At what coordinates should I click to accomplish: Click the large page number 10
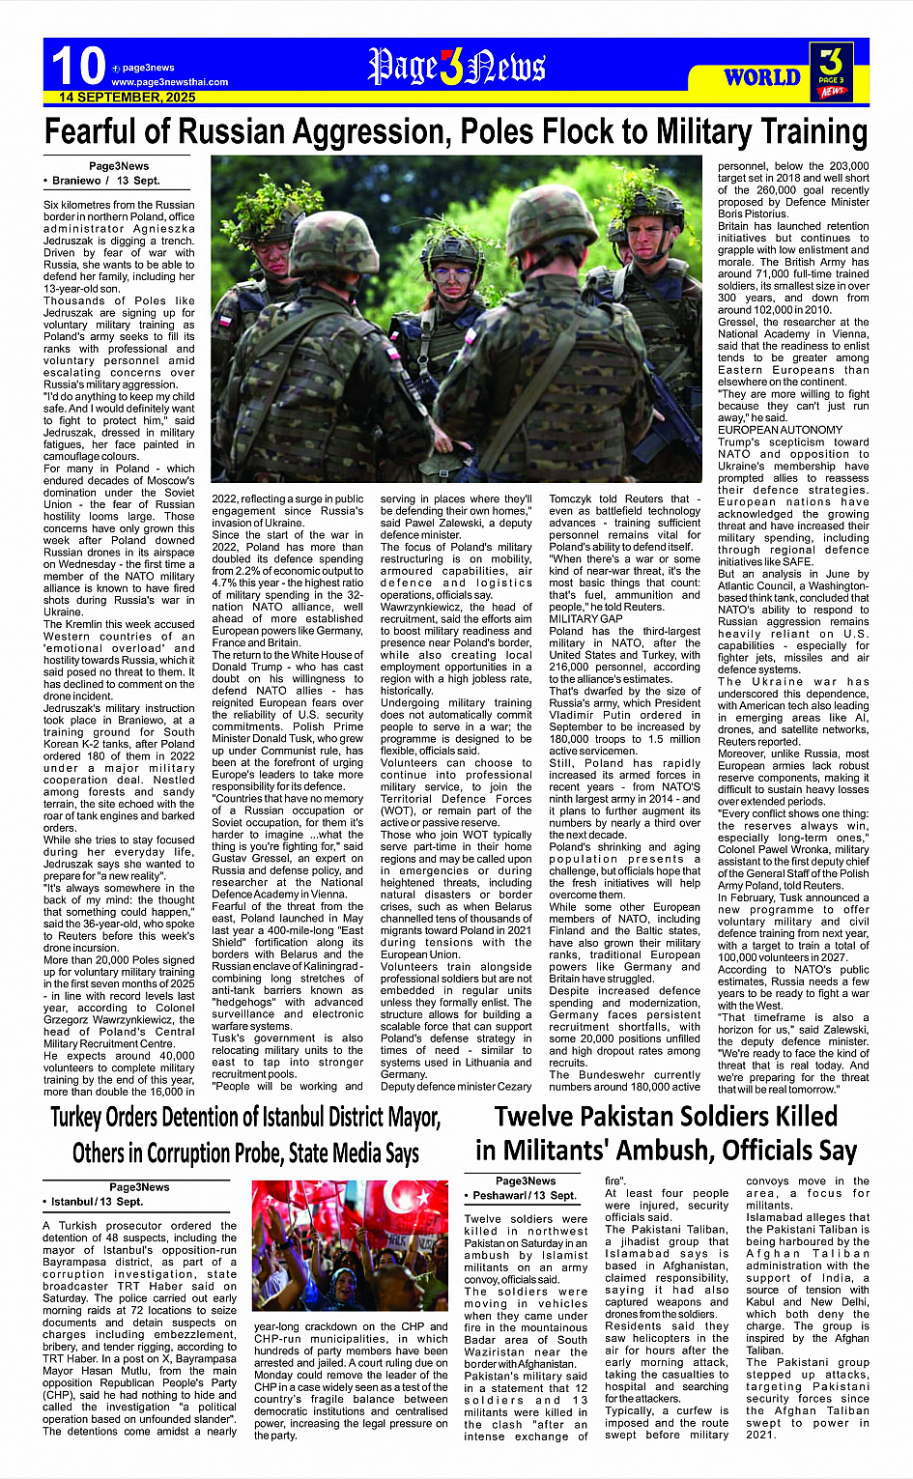[x=77, y=66]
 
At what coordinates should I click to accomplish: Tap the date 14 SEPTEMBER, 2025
[x=127, y=98]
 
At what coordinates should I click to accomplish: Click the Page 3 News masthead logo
[x=457, y=68]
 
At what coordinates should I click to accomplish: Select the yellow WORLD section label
[x=762, y=77]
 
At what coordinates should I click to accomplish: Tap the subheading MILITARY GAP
[x=585, y=618]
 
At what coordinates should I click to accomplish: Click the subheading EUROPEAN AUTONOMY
[x=780, y=430]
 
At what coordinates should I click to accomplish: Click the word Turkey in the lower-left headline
[x=86, y=1119]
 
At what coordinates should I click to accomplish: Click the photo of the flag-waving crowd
[x=350, y=1245]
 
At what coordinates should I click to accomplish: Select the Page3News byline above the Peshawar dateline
[x=526, y=1180]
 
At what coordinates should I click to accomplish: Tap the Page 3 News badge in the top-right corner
[x=831, y=71]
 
